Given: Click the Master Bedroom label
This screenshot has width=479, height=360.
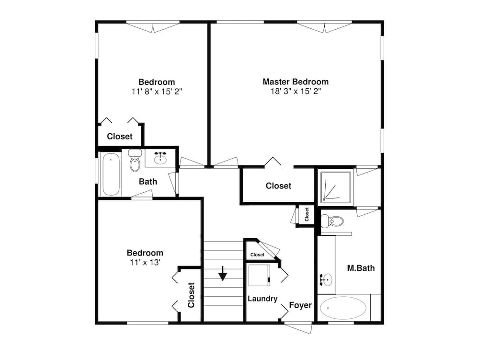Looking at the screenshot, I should [296, 81].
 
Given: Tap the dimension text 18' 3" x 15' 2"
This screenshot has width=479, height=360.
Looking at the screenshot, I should [296, 91].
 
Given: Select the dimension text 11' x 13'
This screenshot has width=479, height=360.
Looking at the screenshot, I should [144, 262].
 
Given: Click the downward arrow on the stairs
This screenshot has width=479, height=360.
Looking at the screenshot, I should [223, 275].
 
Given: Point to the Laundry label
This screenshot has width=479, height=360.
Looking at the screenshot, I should [262, 299].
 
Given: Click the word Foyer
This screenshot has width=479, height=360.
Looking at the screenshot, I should [300, 305].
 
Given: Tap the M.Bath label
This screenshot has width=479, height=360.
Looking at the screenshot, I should [361, 268].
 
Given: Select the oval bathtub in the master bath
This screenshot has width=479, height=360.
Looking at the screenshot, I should [343, 308].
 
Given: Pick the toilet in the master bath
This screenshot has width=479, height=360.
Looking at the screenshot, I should [332, 221].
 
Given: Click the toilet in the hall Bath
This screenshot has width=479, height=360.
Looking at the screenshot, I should [135, 161].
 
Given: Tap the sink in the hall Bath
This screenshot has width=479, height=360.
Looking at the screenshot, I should [160, 157].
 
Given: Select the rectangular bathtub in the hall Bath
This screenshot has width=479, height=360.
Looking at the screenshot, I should [110, 174].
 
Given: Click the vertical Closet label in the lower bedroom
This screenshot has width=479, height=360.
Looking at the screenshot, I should [191, 295].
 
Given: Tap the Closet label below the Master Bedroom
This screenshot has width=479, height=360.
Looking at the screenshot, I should [278, 186].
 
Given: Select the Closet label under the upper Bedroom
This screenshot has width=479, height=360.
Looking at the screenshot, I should [120, 136].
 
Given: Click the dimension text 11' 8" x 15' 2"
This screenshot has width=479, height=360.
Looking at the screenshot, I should [157, 91].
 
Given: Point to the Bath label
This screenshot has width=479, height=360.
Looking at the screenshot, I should [148, 182].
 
